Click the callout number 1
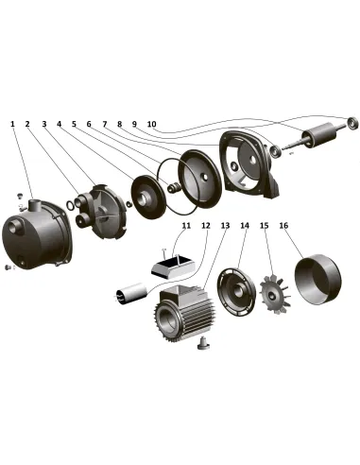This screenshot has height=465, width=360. click(x=12, y=124)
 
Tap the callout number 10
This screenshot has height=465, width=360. click(x=151, y=124)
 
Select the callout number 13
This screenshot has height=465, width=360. click(x=225, y=226)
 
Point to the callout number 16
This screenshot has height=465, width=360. click(x=283, y=226)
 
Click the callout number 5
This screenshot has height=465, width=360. click(x=74, y=124)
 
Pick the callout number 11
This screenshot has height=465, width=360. click(x=186, y=226)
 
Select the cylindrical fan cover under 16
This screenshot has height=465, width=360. click(x=317, y=279)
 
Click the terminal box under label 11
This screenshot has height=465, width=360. click(x=173, y=267)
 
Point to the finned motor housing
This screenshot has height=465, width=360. click(x=183, y=314)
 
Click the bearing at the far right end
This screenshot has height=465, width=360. click(x=352, y=123)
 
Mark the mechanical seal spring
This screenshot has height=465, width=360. click(x=174, y=188)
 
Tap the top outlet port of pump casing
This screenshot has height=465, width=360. click(x=35, y=206)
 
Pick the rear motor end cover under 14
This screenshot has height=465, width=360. click(x=236, y=292)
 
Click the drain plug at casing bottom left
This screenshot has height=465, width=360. click(x=8, y=267)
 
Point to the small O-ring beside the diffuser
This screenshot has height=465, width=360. click(x=71, y=205)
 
